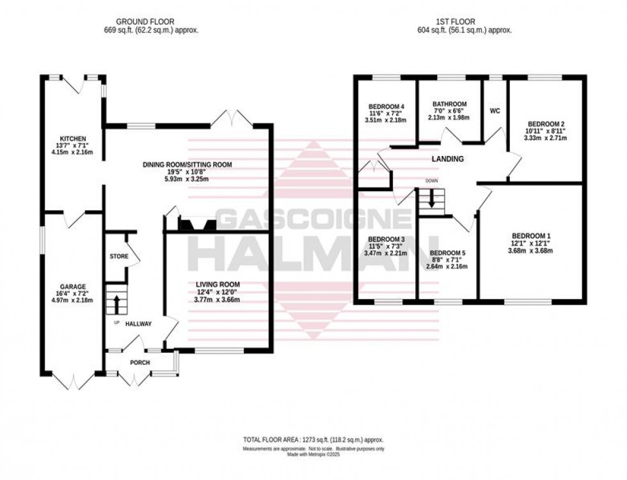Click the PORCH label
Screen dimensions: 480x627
(139, 362)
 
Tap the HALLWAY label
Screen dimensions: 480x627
(138, 324)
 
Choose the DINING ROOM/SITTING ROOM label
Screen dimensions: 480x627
(186, 165)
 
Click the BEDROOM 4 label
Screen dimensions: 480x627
(386, 105)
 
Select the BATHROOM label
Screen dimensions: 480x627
(449, 104)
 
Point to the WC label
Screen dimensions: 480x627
(494, 111)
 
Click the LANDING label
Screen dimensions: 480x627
(447, 159)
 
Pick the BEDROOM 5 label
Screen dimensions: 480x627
(447, 253)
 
